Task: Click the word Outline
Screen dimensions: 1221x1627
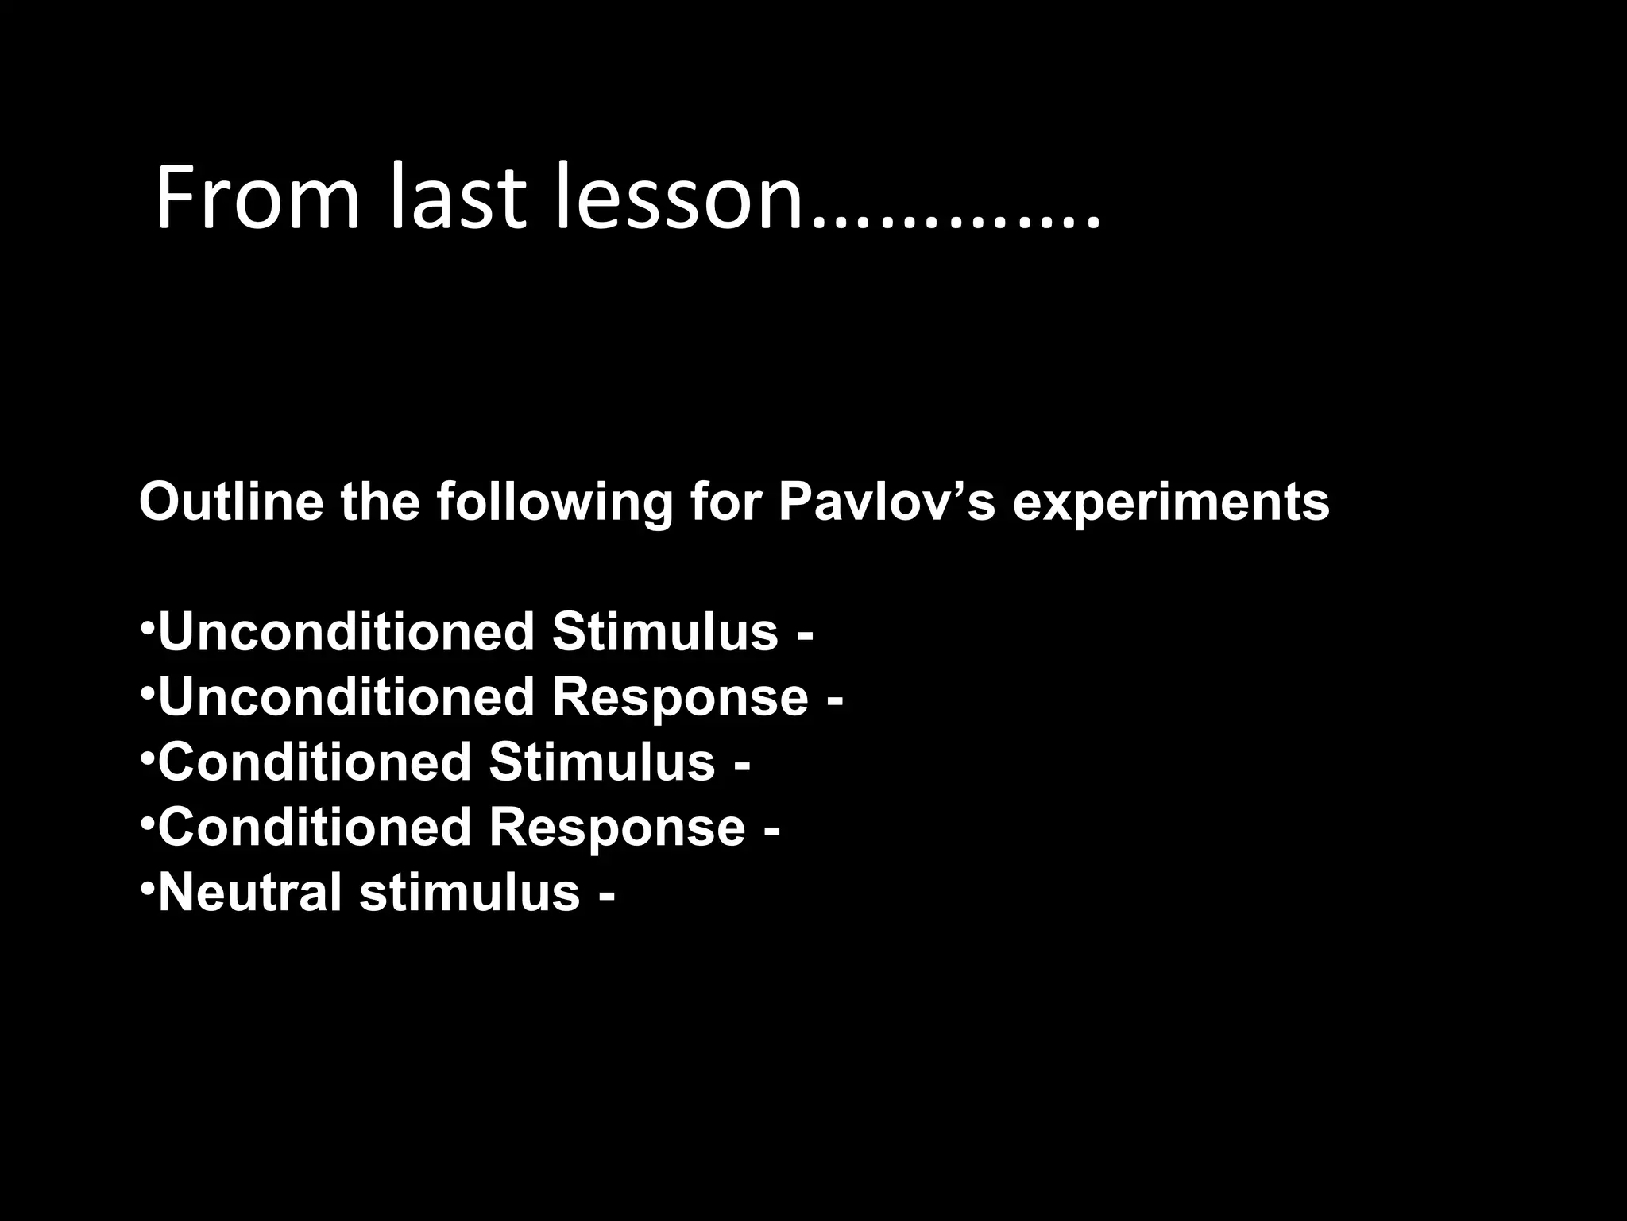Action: pyautogui.click(x=231, y=502)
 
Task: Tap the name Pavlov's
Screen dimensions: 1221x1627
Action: pyautogui.click(x=886, y=502)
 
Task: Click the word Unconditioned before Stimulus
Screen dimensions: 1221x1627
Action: pyautogui.click(x=346, y=633)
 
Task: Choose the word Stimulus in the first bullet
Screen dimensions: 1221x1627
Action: pyautogui.click(x=664, y=633)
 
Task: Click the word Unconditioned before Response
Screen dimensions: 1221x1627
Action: pyautogui.click(x=346, y=698)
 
